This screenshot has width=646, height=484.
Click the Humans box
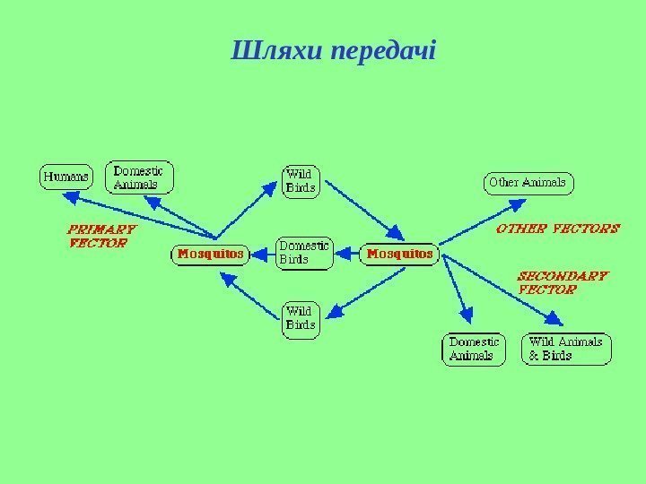(x=66, y=177)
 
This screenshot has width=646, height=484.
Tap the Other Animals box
(x=528, y=183)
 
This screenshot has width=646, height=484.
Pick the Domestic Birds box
(x=303, y=252)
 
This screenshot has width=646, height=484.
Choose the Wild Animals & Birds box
(x=566, y=349)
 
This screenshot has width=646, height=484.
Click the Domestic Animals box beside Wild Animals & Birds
(x=475, y=349)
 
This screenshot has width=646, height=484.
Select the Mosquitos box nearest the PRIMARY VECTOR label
(x=210, y=255)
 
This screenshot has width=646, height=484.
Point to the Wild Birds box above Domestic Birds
(x=301, y=180)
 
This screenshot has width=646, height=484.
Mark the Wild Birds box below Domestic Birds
(x=301, y=318)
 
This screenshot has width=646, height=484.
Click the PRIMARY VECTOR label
(x=98, y=235)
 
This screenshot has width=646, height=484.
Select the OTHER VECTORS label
(x=557, y=229)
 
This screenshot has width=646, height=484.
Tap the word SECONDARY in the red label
(x=564, y=277)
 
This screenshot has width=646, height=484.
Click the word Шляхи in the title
(x=277, y=50)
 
